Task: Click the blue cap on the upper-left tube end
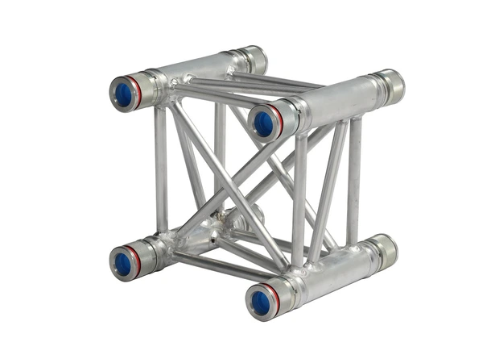coord(123,94)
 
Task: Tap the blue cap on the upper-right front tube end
coord(263,123)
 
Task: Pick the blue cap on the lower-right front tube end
coord(261,302)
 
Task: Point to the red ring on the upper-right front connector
coord(279,120)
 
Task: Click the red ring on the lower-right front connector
coord(276,298)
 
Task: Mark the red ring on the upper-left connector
coord(138,90)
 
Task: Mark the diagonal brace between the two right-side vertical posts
coord(326,194)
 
